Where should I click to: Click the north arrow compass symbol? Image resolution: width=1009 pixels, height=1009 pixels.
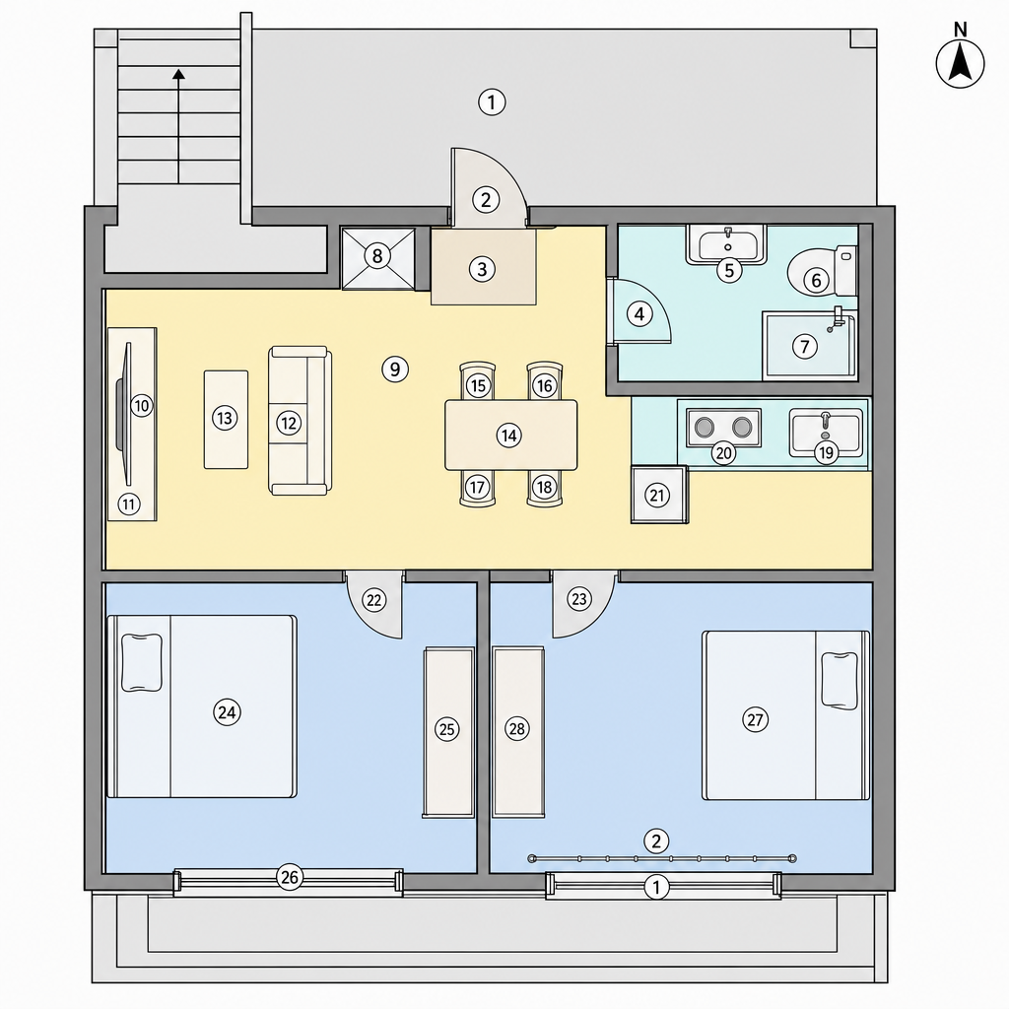click(960, 63)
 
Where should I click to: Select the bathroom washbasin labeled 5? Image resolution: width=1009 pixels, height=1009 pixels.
click(726, 244)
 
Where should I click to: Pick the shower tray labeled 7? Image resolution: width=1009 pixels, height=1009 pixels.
click(810, 346)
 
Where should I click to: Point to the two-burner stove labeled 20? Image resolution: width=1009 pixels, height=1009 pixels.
click(724, 428)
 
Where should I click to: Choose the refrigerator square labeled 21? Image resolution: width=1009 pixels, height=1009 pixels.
click(659, 495)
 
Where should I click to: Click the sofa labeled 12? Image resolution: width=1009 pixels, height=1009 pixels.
click(300, 420)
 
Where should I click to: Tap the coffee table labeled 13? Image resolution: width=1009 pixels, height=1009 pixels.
click(226, 419)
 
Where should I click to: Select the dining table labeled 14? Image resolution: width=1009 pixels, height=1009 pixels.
click(511, 435)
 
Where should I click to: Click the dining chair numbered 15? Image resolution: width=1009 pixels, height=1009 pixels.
click(478, 381)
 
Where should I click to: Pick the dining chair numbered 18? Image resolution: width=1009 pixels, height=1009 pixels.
click(544, 489)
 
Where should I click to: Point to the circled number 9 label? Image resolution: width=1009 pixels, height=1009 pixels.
click(395, 370)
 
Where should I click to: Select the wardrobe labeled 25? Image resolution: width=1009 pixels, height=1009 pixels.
click(448, 732)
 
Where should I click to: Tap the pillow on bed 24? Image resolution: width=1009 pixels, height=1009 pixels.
click(142, 662)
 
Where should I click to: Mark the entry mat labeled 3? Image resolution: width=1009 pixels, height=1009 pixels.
click(483, 267)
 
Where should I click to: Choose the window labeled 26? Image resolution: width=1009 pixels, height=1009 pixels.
click(289, 882)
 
